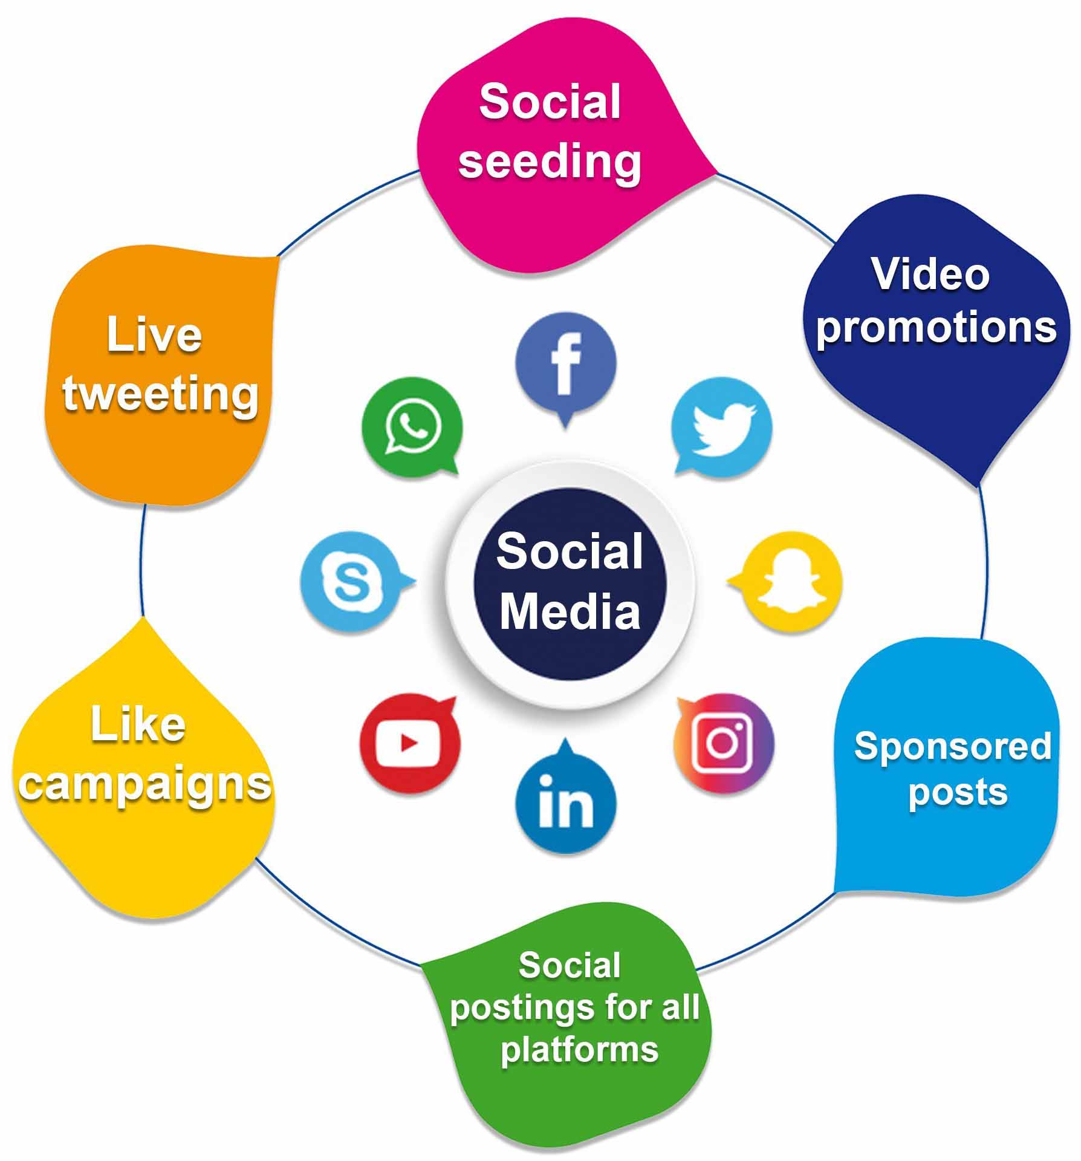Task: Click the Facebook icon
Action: [565, 366]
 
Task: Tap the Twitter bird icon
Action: [722, 426]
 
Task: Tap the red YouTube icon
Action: [409, 743]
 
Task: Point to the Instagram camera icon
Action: [724, 743]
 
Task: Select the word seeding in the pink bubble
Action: [550, 161]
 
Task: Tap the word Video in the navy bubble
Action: [930, 274]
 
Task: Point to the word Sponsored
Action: [953, 747]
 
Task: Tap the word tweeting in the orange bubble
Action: [160, 394]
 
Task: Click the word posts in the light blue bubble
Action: [958, 793]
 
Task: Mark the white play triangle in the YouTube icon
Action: [409, 743]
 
